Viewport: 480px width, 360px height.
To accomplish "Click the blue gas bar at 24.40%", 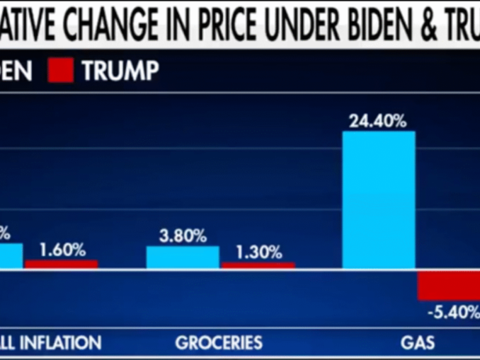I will pyautogui.click(x=379, y=200).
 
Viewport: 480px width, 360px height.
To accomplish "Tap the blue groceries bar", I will pyautogui.click(x=183, y=257).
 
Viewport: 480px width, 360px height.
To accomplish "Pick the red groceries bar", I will pyautogui.click(x=258, y=265).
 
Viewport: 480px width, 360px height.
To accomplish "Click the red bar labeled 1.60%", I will pyautogui.click(x=62, y=265).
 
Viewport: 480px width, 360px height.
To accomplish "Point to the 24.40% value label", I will pyautogui.click(x=378, y=121).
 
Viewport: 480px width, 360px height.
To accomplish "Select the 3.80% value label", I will pyautogui.click(x=183, y=236).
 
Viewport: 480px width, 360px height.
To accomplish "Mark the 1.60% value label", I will pyautogui.click(x=62, y=250).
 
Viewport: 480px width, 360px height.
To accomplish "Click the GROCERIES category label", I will pyautogui.click(x=219, y=343).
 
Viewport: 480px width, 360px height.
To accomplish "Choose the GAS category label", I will pyautogui.click(x=418, y=343).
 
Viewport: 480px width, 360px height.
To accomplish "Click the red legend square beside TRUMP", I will pyautogui.click(x=61, y=71).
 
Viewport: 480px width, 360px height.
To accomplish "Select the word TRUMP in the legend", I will pyautogui.click(x=120, y=71).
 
